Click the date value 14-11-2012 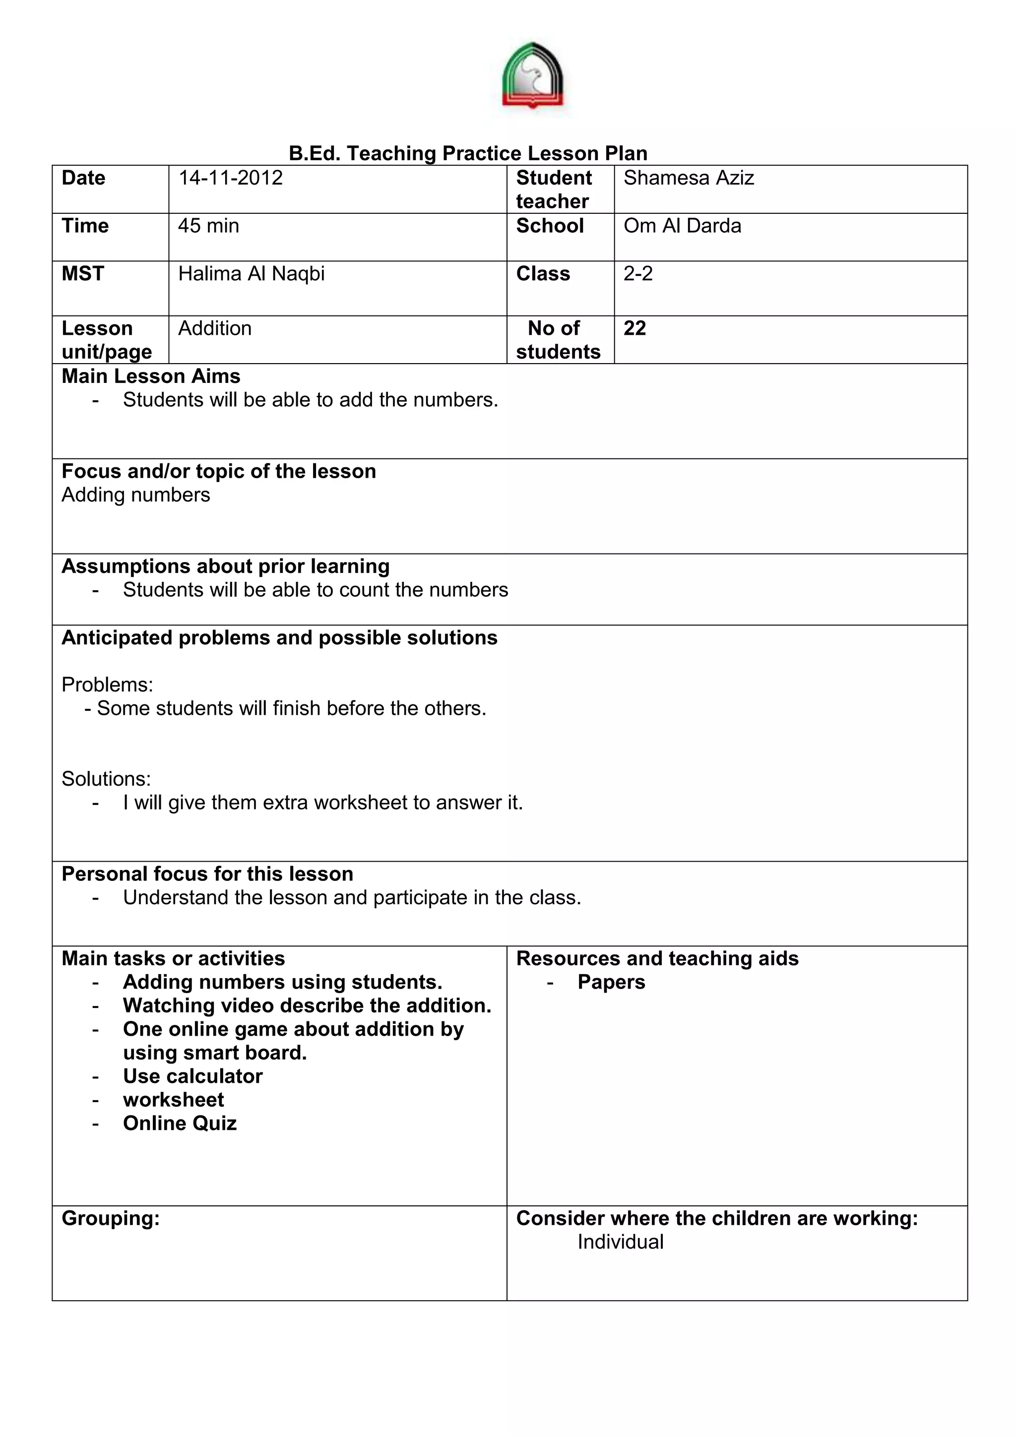pos(230,178)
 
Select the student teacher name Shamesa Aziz pos(688,178)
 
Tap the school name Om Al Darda pos(682,226)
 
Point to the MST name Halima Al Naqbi pos(251,274)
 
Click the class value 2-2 pos(637,274)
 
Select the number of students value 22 pos(635,328)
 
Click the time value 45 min pos(208,226)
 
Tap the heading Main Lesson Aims pos(151,376)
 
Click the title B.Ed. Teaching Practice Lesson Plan pos(467,153)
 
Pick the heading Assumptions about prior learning pos(225,566)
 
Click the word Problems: pos(107,685)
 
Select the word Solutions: pos(106,779)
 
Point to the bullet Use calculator pos(192,1076)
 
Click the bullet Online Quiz pos(180,1124)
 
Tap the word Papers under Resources pos(611,982)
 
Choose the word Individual pos(620,1242)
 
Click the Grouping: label pos(111,1218)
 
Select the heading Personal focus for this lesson pos(207,874)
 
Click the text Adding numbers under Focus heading pos(136,496)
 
